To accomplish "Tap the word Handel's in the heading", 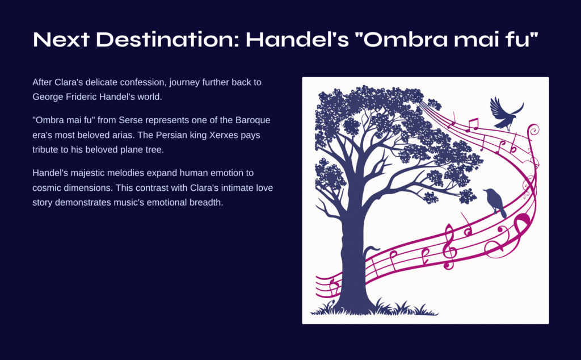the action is [x=297, y=39].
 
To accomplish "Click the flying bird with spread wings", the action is [x=504, y=113].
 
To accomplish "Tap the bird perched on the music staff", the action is [x=495, y=203].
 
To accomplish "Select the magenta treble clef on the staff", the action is [x=449, y=246].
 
